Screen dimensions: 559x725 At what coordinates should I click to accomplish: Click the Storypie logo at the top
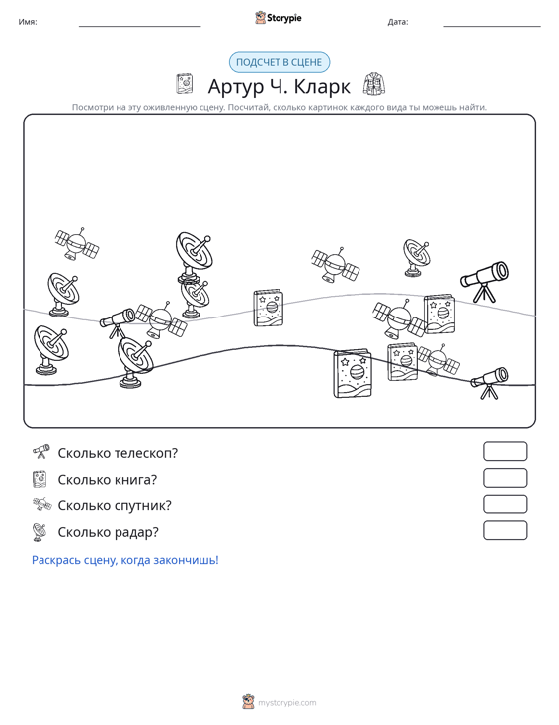tap(278, 18)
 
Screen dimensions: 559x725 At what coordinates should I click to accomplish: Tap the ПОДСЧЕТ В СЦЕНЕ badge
tap(279, 62)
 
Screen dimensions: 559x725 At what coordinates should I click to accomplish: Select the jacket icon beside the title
tap(374, 84)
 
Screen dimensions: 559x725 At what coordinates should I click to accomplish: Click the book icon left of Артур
tap(184, 84)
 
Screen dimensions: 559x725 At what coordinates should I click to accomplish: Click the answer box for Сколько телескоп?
tap(505, 451)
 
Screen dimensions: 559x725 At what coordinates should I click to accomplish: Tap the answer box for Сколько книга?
tap(505, 478)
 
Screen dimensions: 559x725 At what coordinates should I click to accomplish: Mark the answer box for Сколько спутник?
tap(505, 504)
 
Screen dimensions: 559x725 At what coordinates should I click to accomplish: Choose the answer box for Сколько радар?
tap(505, 530)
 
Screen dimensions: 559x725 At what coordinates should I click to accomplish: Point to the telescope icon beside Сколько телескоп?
tap(40, 451)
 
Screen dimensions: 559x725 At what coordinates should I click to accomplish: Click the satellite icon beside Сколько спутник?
tap(41, 504)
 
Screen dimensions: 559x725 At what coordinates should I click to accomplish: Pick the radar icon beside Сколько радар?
tap(40, 532)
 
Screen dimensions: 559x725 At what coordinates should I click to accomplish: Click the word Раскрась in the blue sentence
tap(51, 560)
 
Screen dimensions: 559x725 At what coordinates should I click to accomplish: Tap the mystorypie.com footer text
tap(286, 703)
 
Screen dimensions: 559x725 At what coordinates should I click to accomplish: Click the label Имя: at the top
tap(28, 22)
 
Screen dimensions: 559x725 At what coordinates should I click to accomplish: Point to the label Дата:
tap(398, 22)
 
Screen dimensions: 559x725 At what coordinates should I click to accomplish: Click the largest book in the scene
tap(353, 373)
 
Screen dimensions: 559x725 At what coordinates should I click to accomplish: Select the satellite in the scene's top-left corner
tap(77, 244)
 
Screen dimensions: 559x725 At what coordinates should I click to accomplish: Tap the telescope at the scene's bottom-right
tap(489, 382)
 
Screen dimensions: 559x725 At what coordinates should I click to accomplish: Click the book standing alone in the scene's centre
tap(269, 308)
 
